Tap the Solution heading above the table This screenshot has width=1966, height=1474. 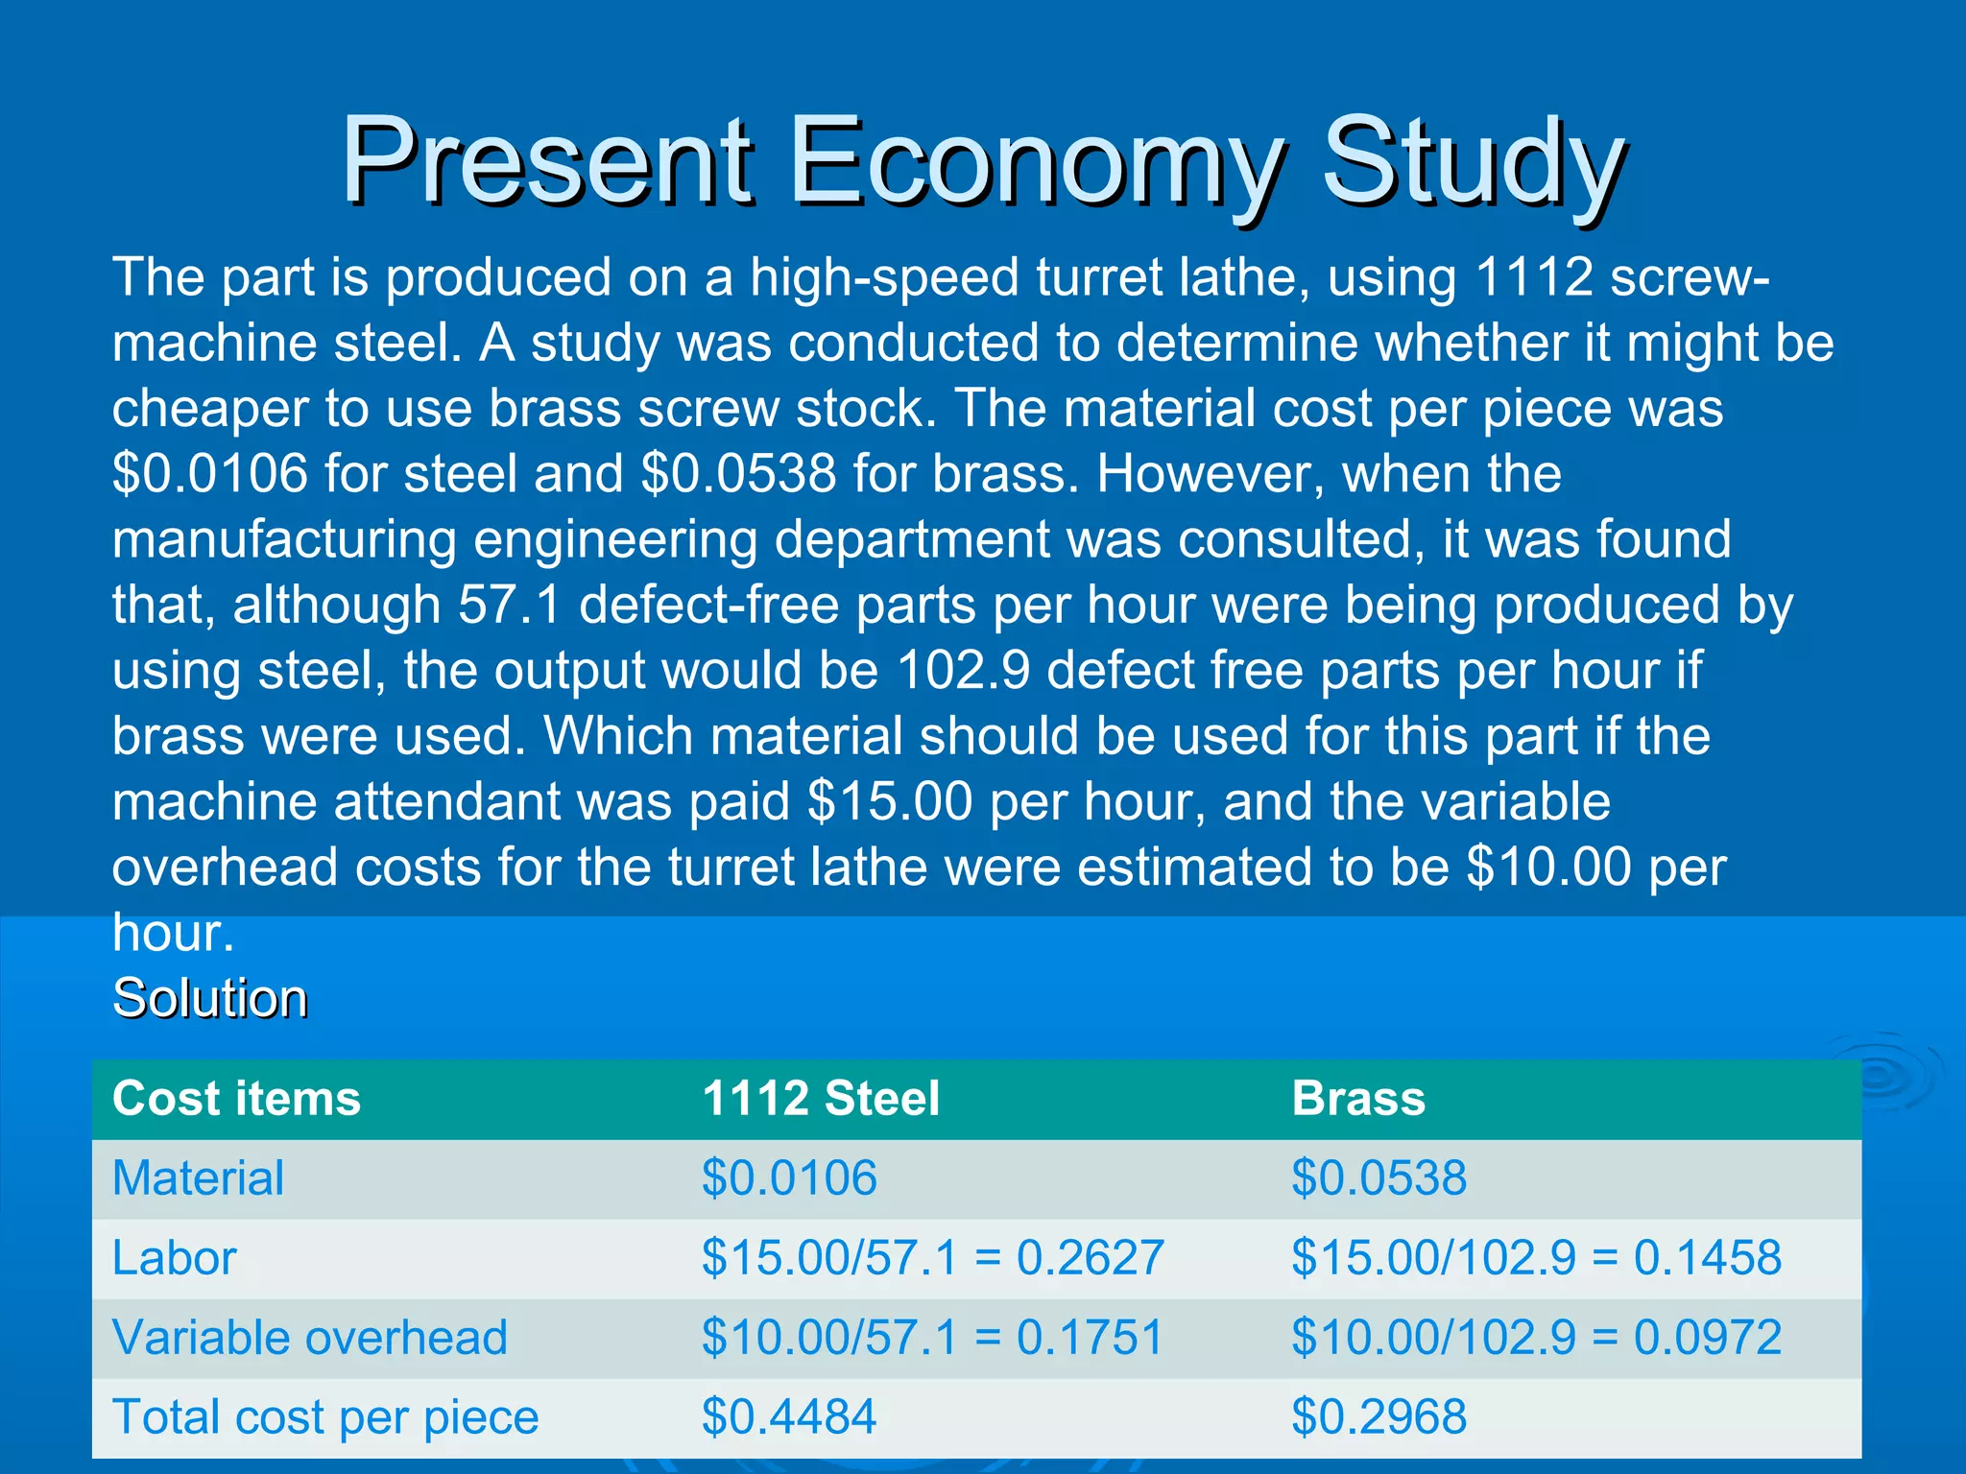210,998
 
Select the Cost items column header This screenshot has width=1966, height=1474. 236,1099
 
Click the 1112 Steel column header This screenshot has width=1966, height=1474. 821,1099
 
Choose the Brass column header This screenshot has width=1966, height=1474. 1358,1099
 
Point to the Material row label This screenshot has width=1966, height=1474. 198,1178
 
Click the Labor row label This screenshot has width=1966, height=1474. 174,1258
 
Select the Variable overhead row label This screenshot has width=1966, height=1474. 309,1338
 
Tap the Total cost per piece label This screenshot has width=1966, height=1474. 325,1417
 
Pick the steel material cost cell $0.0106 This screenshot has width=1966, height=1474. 789,1178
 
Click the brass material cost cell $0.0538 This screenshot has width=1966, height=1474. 1379,1178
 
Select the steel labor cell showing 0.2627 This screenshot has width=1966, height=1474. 932,1258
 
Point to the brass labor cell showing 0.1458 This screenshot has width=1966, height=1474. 1536,1258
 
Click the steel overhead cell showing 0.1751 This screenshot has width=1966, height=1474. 932,1338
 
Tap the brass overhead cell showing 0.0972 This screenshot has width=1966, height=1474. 1536,1338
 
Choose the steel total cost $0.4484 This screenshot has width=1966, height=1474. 789,1417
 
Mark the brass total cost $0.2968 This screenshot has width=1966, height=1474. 1379,1417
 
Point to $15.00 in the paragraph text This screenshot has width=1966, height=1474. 890,802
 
